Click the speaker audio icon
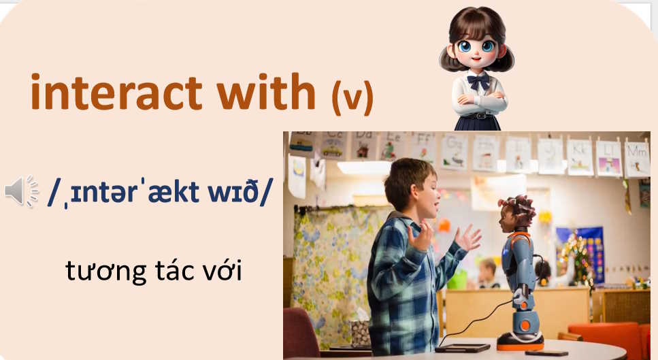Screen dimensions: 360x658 click(22, 191)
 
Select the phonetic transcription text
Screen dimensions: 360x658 click(159, 193)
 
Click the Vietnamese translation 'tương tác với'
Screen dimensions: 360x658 click(154, 272)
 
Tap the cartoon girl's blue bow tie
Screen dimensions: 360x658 click(479, 81)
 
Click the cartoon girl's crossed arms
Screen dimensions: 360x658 click(480, 103)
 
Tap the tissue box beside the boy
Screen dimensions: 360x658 click(360, 333)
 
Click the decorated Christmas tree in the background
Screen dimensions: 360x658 click(577, 259)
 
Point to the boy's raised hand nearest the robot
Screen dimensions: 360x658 click(467, 238)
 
